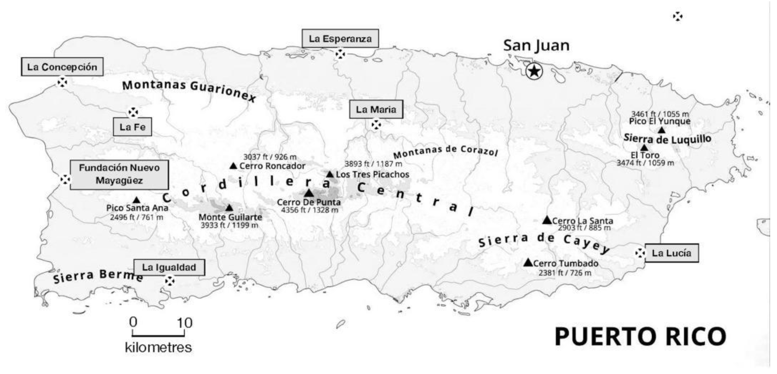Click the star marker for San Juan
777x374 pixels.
[x=534, y=72]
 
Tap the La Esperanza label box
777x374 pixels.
[x=340, y=39]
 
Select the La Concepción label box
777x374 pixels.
[x=62, y=67]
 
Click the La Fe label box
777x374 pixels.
[x=132, y=127]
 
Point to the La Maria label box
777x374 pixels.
[x=376, y=109]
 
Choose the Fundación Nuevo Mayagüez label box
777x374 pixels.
[x=119, y=174]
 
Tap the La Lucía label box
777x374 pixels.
[x=671, y=253]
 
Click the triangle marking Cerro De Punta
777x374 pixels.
[x=309, y=193]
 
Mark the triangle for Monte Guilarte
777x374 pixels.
[x=229, y=208]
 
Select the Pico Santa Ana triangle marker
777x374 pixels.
[x=137, y=200]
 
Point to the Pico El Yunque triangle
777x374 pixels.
[x=661, y=130]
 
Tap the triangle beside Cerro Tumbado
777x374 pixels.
[x=528, y=263]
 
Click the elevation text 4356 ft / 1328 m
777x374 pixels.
[x=310, y=210]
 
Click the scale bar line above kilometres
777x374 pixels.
[x=158, y=335]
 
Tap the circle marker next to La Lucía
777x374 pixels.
[x=640, y=253]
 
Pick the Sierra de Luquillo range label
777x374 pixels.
[x=667, y=139]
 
